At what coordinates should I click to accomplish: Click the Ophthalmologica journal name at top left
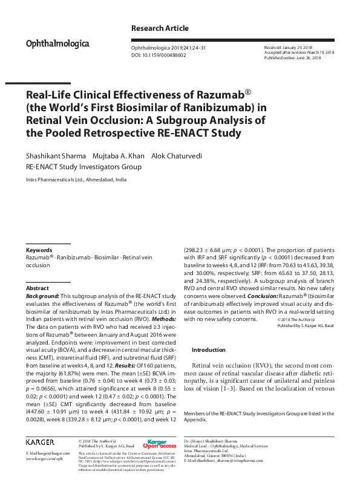57,44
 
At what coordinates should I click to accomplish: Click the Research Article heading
160,28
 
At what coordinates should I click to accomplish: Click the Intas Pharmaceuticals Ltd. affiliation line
76,180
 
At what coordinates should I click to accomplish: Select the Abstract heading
38,289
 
